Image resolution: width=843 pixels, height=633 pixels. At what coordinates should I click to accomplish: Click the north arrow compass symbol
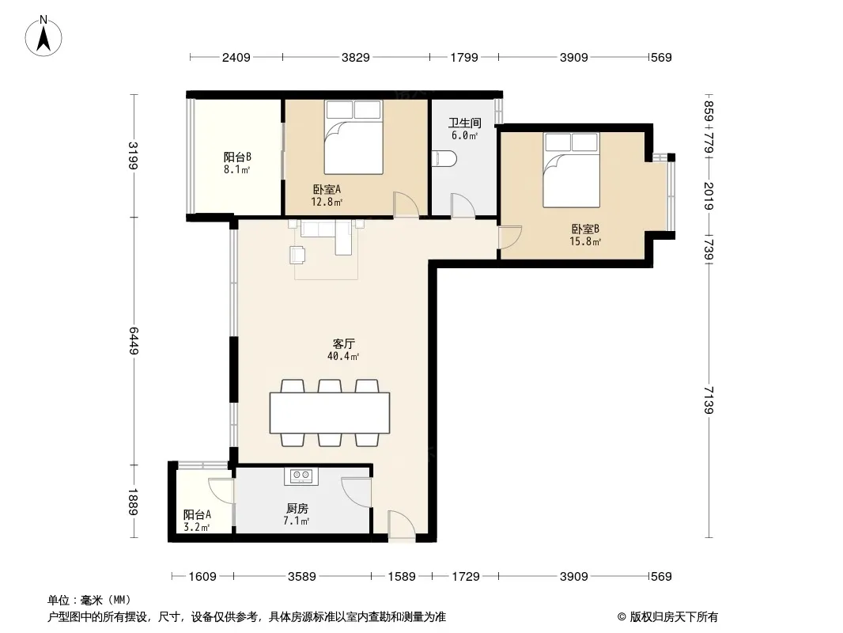point(43,36)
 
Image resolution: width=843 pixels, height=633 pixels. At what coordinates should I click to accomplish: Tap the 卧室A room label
point(327,189)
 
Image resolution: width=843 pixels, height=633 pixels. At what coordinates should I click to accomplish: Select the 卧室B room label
point(585,229)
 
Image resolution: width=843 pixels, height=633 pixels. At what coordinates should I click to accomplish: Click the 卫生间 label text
point(465,123)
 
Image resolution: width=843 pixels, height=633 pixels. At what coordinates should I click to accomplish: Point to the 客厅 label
point(343,343)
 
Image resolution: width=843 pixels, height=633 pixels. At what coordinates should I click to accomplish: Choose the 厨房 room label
point(297,508)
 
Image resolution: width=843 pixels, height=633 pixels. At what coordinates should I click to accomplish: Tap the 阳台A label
point(197,514)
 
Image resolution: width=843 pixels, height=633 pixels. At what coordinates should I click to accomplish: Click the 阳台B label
point(237,157)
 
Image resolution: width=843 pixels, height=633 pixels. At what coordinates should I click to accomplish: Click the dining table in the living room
point(330,413)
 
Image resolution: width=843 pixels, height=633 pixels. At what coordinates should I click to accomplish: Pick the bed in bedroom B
point(571,170)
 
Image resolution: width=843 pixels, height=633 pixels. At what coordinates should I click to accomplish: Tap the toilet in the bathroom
point(444,158)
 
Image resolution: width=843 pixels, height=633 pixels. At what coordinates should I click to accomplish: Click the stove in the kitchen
point(301,475)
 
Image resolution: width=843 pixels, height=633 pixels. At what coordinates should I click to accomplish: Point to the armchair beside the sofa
point(298,254)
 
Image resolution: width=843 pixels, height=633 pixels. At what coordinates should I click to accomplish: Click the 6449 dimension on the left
point(134,341)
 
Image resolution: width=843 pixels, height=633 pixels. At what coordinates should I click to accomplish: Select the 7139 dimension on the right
point(709,400)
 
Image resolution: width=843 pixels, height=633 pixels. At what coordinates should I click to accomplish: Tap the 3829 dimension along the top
point(355,58)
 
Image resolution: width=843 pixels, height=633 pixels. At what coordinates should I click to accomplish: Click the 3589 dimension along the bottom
point(301,577)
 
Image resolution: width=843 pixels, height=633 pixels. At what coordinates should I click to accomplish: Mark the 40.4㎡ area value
point(343,356)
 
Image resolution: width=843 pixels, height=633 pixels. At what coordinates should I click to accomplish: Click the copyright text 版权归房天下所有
point(674,617)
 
